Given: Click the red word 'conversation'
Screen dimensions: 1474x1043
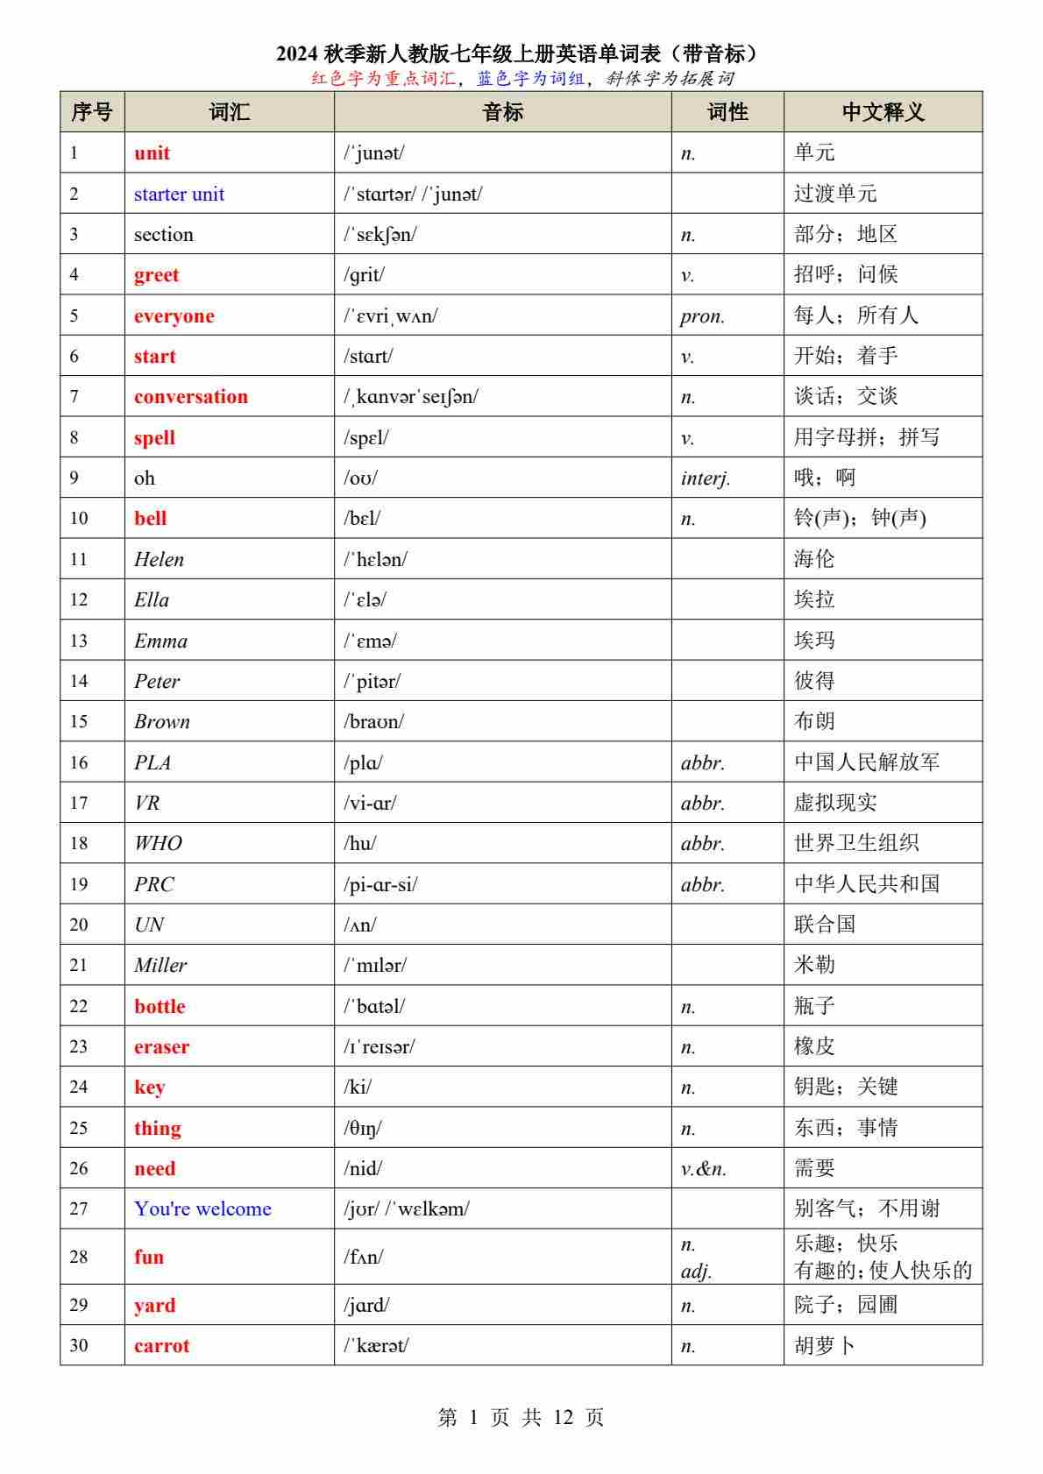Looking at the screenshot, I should pyautogui.click(x=190, y=397).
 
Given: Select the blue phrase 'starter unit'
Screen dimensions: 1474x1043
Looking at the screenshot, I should pyautogui.click(x=179, y=194).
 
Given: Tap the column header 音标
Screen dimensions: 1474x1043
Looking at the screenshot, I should pyautogui.click(x=502, y=112).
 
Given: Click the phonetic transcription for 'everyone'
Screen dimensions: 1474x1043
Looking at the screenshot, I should pyautogui.click(x=390, y=315).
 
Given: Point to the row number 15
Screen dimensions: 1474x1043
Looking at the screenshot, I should pyautogui.click(x=79, y=721).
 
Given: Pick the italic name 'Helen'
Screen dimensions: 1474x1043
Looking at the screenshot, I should pyautogui.click(x=159, y=559).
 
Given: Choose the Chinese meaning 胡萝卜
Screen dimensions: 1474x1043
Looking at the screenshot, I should pyautogui.click(x=824, y=1345).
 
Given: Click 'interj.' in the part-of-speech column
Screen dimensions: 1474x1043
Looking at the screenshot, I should pyautogui.click(x=705, y=478).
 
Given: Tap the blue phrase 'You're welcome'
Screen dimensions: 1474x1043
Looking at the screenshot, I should pyautogui.click(x=202, y=1208).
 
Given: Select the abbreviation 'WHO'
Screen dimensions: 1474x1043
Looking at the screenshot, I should pyautogui.click(x=158, y=843).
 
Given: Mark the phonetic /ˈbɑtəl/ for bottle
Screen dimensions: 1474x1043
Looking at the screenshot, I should pyautogui.click(x=374, y=1006).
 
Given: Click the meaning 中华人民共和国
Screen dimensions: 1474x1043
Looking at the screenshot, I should pyautogui.click(x=866, y=883).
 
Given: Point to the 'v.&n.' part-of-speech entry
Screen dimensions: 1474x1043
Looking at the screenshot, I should pyautogui.click(x=703, y=1168).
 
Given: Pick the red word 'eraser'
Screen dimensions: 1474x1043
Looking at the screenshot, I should pyautogui.click(x=161, y=1046).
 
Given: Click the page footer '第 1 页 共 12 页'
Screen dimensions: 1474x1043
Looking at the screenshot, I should pyautogui.click(x=521, y=1417).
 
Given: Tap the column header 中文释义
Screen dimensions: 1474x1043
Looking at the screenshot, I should pyautogui.click(x=883, y=112).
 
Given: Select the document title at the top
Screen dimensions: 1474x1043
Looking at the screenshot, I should pyautogui.click(x=521, y=54).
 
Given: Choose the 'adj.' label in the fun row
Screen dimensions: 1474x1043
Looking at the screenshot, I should pyautogui.click(x=696, y=1271).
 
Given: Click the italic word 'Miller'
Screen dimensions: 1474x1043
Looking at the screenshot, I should pyautogui.click(x=160, y=965).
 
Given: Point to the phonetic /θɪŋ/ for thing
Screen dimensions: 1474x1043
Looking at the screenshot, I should pyautogui.click(x=363, y=1128).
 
